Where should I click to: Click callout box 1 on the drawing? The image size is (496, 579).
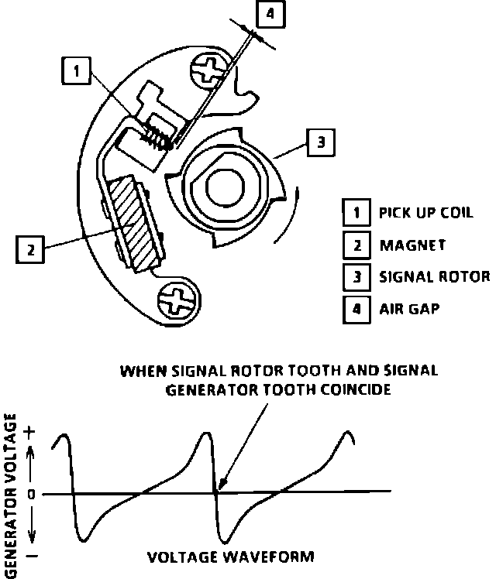75,71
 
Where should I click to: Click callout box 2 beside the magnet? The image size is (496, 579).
30,249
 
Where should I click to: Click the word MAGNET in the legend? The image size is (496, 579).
412,245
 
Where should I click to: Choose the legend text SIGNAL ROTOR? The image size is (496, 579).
433,277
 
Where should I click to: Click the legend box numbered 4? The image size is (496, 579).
356,308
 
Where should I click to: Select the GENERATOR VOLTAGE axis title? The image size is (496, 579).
10,495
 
